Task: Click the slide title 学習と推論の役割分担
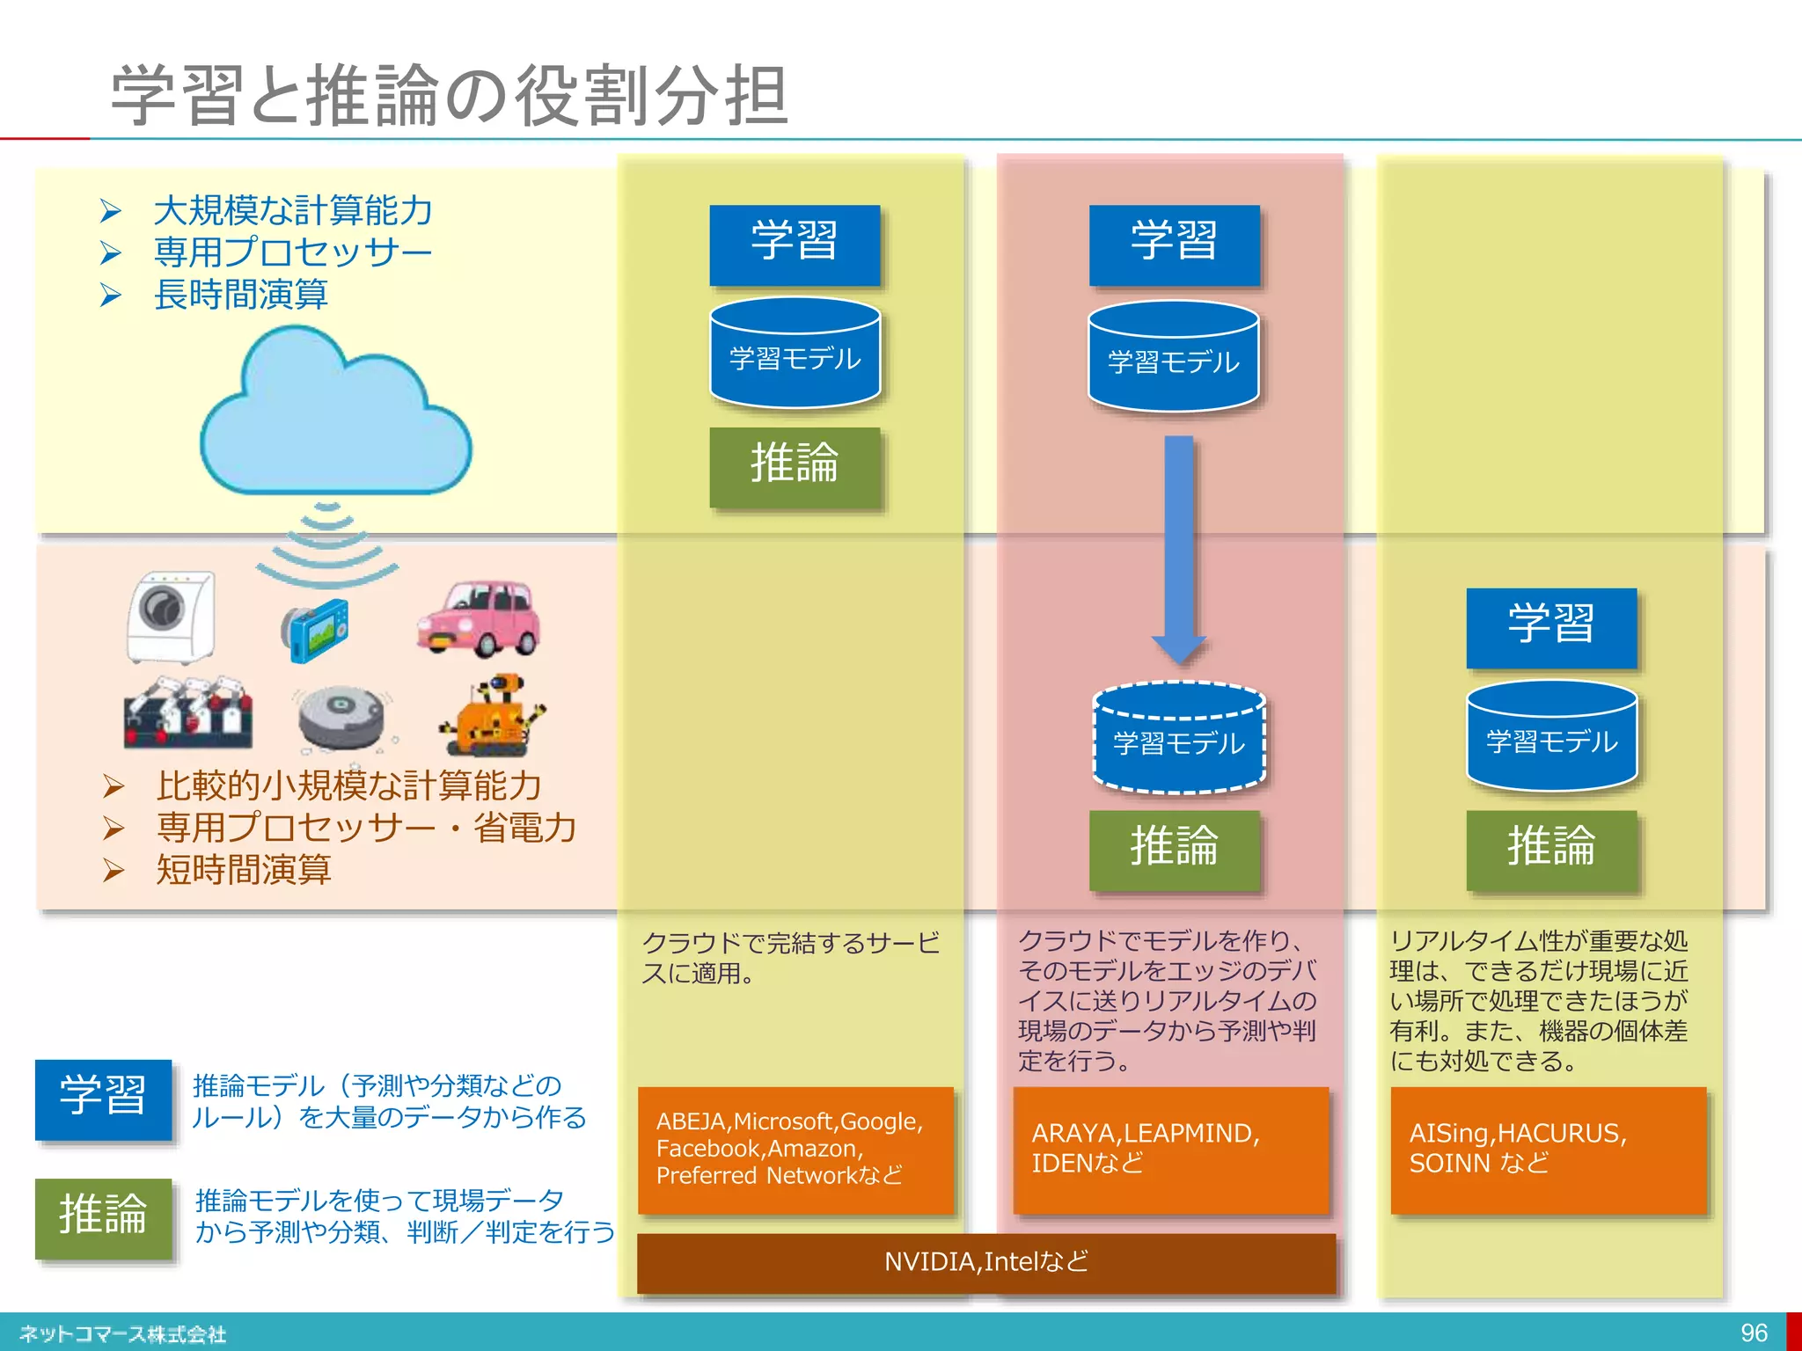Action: click(x=449, y=95)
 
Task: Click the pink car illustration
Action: click(x=479, y=617)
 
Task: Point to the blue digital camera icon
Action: click(x=315, y=630)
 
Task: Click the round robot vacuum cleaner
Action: click(x=341, y=717)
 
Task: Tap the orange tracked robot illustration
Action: click(x=493, y=716)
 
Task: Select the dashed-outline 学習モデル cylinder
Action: click(x=1178, y=739)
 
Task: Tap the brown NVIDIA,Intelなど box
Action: click(x=985, y=1262)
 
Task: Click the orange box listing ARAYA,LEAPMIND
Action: click(x=1170, y=1150)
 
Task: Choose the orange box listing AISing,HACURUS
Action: click(x=1548, y=1150)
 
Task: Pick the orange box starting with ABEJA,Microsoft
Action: click(x=795, y=1150)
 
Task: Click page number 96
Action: click(x=1753, y=1333)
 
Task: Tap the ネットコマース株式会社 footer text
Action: click(x=123, y=1334)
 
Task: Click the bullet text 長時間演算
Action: click(x=240, y=295)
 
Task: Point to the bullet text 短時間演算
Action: click(x=243, y=870)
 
